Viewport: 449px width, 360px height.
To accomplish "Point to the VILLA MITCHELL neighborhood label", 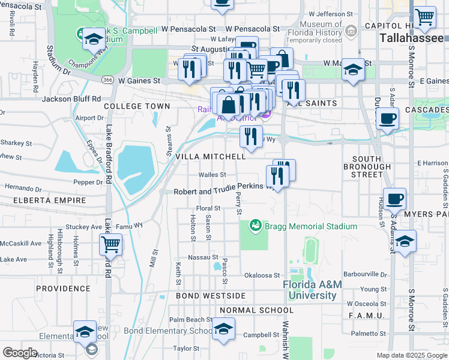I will click(x=210, y=156).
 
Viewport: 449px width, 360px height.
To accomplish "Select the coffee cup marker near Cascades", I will click(x=387, y=118).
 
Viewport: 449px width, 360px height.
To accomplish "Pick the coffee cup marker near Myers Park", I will click(x=394, y=199).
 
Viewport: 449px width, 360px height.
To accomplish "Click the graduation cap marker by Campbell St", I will click(x=223, y=329).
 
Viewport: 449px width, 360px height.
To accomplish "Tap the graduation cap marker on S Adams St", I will click(x=405, y=242).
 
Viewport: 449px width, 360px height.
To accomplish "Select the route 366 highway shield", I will click(x=107, y=80).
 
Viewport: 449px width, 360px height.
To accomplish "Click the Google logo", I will click(x=20, y=353).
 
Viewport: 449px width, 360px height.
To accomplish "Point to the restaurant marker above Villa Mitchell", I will click(x=251, y=136).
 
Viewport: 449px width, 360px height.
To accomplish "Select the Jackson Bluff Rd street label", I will click(x=71, y=98).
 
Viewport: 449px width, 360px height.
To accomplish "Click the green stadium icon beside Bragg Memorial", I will click(x=256, y=226).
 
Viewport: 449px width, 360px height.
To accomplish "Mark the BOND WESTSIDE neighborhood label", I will click(x=211, y=296).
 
